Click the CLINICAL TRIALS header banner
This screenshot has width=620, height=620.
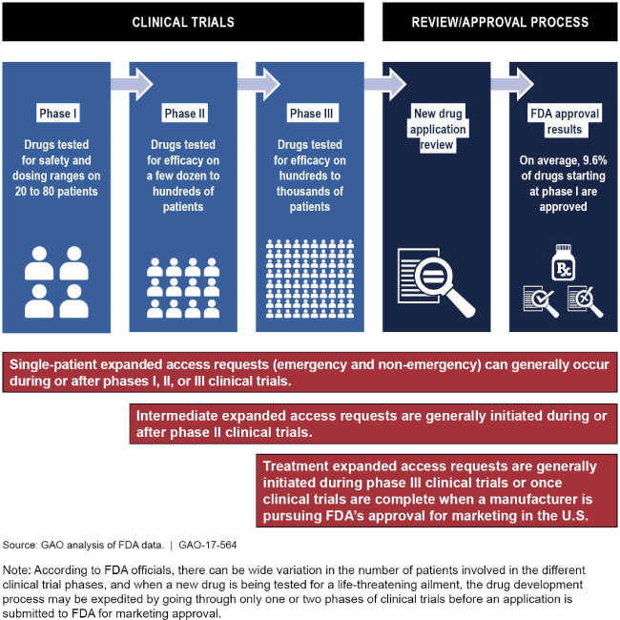point(182,21)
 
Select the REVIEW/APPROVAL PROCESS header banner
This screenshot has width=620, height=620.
point(500,21)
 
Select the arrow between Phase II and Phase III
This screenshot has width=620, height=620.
point(250,84)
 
